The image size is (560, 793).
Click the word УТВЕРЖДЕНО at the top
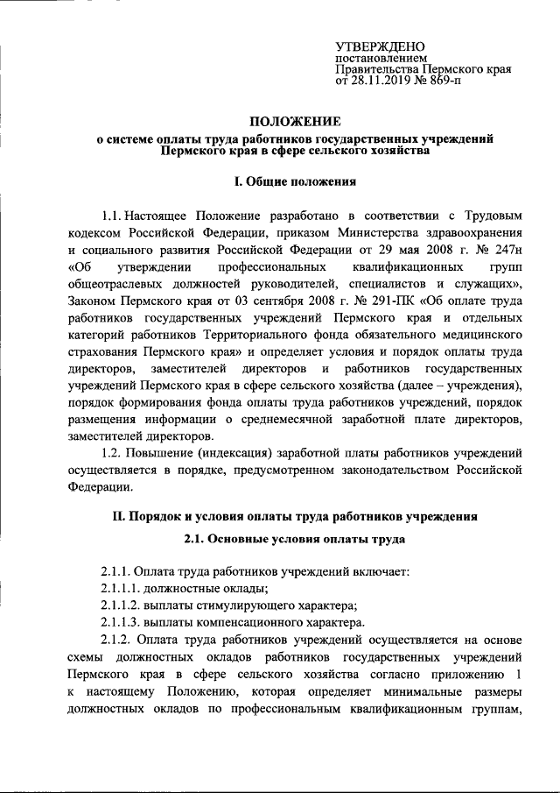pos(381,46)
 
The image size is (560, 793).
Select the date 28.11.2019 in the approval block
pos(389,81)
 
